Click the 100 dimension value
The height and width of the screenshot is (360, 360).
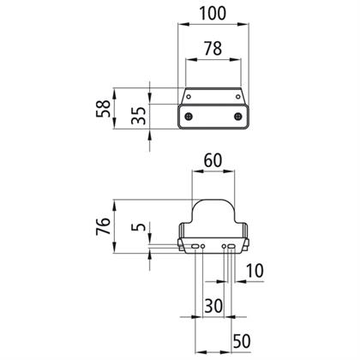213,14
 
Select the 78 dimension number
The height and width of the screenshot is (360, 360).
213,49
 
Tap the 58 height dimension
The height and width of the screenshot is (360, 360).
103,109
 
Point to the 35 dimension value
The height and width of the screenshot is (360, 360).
138,116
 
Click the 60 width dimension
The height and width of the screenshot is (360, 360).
213,160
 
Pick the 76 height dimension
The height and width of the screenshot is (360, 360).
103,226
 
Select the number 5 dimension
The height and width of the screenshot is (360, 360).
138,227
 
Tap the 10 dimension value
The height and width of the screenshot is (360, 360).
255,271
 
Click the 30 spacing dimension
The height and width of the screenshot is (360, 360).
213,306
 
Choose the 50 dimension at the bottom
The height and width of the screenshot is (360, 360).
242,341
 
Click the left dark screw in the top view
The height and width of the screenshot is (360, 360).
189,117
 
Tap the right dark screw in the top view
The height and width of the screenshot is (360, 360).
237,117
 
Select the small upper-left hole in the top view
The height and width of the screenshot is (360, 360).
189,97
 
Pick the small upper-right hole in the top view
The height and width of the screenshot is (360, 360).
238,97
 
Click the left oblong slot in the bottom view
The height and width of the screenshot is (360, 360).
195,246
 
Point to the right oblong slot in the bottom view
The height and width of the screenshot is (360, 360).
231,246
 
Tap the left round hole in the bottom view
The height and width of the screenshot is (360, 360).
203,246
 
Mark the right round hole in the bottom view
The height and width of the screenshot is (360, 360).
224,246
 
